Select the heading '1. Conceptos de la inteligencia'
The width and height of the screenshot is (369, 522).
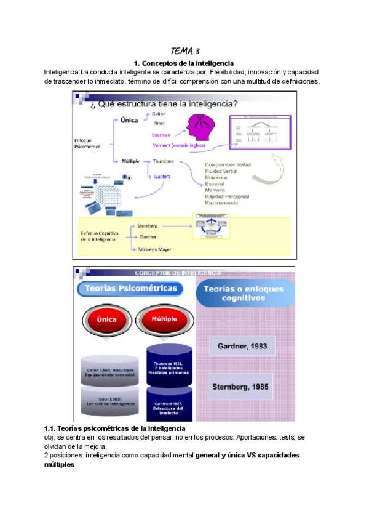pyautogui.click(x=184, y=63)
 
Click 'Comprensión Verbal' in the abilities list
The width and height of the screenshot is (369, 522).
pyautogui.click(x=228, y=165)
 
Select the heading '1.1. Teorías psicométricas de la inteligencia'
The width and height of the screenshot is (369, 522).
pyautogui.click(x=115, y=428)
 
